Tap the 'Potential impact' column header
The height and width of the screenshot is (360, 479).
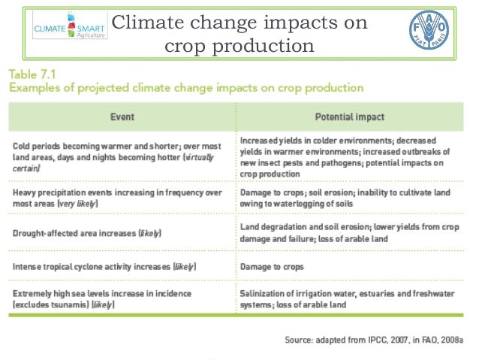point(349,117)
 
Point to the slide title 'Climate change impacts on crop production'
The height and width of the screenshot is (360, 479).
point(239,35)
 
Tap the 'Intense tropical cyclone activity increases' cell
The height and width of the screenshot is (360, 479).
point(104,266)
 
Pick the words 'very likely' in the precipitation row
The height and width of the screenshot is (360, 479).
point(78,204)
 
